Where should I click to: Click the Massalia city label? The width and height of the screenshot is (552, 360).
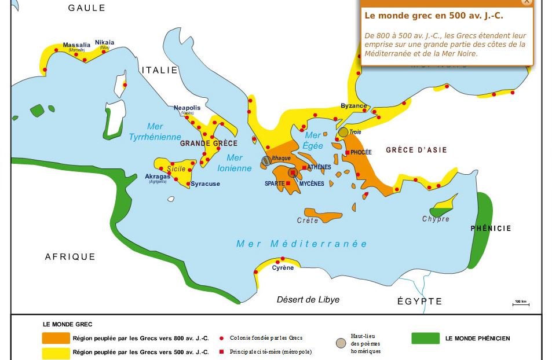point(76,45)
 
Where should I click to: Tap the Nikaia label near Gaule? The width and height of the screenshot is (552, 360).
point(105,42)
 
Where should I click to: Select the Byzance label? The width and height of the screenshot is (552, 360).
point(353,106)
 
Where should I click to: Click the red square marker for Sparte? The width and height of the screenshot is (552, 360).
point(288,183)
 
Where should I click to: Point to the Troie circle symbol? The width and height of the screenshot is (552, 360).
point(343,132)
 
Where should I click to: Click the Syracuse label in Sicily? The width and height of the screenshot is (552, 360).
point(206,184)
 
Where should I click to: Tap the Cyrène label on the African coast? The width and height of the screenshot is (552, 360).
point(283,268)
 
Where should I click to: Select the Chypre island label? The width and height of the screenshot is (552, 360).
point(436,219)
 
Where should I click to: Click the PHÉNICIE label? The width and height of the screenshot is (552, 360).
point(491,229)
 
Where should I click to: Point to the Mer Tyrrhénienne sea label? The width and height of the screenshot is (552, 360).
point(155,132)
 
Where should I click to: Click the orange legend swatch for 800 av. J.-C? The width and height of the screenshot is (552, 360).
point(54,338)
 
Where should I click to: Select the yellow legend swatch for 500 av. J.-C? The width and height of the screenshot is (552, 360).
point(54,352)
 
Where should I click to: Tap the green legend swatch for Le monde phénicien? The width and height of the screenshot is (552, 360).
point(425,339)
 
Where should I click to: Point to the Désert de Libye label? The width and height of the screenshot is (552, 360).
point(308,300)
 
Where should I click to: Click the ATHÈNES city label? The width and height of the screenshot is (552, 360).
point(319,167)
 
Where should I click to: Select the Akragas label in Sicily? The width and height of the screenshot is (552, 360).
point(158,177)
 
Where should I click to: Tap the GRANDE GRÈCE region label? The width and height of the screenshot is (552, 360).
point(209,144)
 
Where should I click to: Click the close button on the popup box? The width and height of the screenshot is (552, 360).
point(526,2)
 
